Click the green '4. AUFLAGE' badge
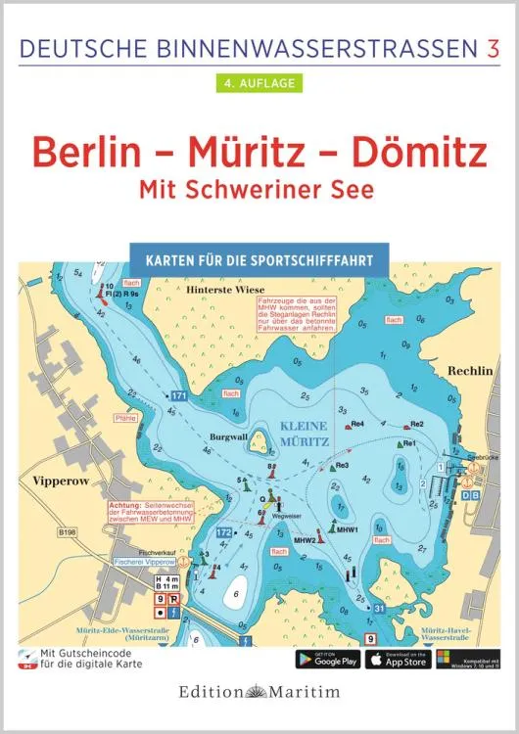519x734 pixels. coord(259,82)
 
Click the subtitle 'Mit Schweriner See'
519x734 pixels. coord(259,191)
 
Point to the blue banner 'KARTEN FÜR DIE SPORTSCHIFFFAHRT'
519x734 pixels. coord(259,263)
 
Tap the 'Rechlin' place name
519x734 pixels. coord(473,372)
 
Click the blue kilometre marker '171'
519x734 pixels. coord(178,395)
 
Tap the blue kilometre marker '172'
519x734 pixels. coord(223,532)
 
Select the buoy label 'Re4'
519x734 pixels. coord(358,424)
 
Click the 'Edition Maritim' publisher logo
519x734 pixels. coord(259,693)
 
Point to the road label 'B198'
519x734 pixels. coord(68,533)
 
